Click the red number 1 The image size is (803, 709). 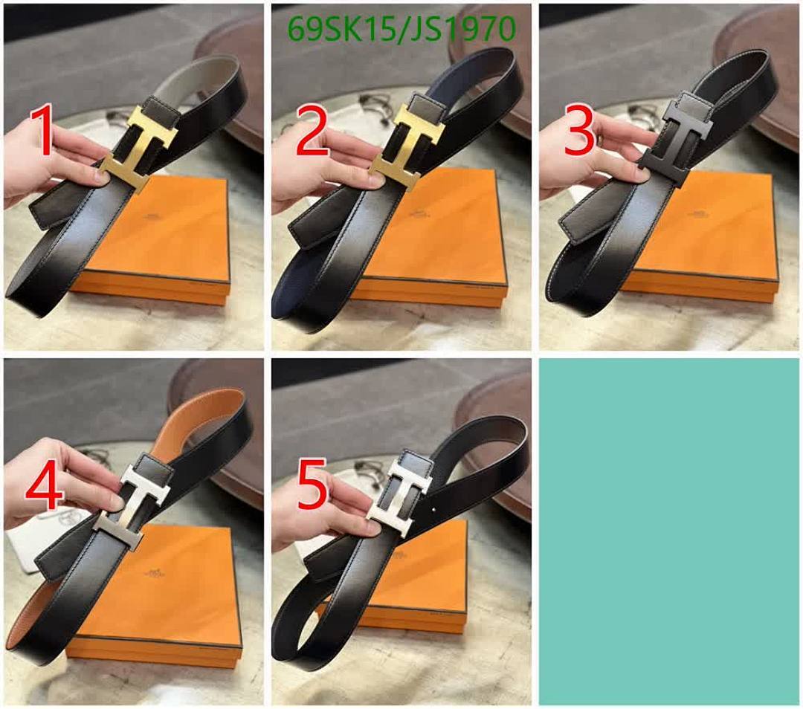tap(42, 132)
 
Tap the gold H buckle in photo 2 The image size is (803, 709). tap(407, 146)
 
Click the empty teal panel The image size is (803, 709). tap(669, 531)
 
